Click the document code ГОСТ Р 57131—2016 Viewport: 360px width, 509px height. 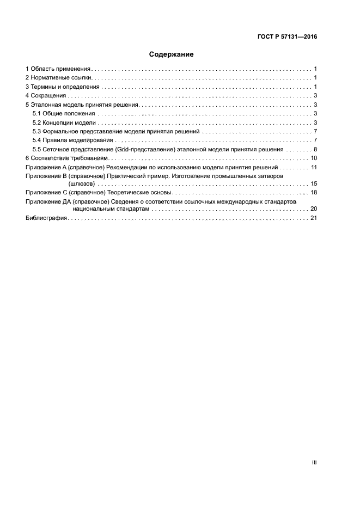click(287, 38)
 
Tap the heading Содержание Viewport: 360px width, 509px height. click(171, 54)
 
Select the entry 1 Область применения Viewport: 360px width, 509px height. click(58, 69)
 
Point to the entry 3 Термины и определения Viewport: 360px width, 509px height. click(63, 87)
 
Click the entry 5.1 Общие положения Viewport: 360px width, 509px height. click(64, 113)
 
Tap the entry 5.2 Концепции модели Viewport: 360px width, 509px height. click(64, 122)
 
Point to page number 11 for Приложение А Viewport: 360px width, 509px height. click(314, 167)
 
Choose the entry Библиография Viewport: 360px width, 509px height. click(46, 218)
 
